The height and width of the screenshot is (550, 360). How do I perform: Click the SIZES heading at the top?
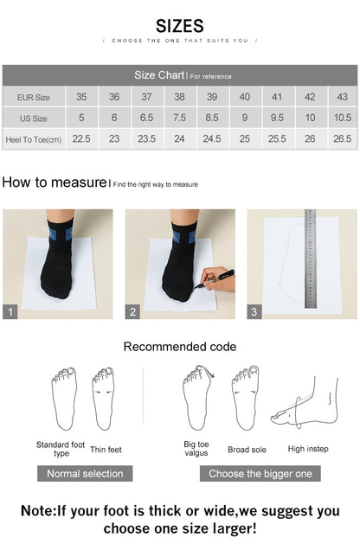point(180,26)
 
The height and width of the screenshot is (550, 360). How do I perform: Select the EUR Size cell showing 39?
point(212,97)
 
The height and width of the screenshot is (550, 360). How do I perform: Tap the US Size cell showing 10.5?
point(342,118)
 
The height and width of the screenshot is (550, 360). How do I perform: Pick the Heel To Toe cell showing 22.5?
point(81,138)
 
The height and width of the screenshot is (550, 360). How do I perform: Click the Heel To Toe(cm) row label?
point(34,138)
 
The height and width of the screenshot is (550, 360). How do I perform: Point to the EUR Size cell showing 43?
point(342,97)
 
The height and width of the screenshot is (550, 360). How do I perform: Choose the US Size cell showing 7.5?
point(179,118)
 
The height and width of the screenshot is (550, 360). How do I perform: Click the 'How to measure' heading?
point(54,182)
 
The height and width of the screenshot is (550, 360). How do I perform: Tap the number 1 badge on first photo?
point(10,312)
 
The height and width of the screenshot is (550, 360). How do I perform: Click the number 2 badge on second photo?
point(133,312)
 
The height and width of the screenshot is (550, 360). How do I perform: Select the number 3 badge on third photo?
point(254,312)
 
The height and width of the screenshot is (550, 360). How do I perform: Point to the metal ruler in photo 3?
point(310,255)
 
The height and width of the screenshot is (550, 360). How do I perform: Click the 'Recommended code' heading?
point(179,347)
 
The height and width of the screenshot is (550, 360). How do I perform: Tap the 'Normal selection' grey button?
point(85,473)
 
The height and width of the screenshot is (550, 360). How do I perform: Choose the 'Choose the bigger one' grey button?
point(260,473)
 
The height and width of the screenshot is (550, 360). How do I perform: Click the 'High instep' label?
point(308,449)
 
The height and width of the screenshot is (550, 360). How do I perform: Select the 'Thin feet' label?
point(106,449)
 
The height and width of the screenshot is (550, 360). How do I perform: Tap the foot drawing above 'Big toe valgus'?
point(197,397)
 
